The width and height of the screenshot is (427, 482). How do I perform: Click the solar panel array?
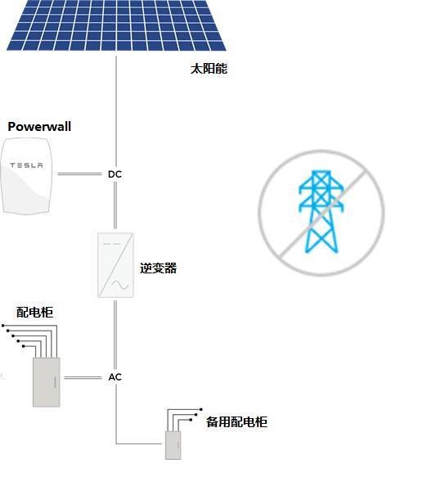pos(116,25)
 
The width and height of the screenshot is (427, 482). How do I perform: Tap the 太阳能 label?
pos(209,69)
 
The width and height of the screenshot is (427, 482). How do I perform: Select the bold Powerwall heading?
pos(39,127)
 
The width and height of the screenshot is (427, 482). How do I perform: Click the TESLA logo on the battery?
pos(26,165)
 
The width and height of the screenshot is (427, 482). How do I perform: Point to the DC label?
pos(115,174)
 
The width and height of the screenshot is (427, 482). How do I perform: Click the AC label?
pos(115,377)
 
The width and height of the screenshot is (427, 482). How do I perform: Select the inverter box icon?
pos(115,265)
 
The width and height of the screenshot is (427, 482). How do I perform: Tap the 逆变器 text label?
pos(159,268)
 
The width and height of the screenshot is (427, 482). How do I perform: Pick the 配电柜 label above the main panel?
pos(34,313)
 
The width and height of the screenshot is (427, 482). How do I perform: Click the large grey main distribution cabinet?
pos(47,382)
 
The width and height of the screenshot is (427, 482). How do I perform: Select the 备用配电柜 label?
pos(236,421)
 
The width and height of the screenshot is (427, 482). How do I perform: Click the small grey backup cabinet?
pos(173,445)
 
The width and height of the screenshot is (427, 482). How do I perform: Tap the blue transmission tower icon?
pos(321,211)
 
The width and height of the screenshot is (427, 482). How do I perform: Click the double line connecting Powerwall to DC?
pos(79,174)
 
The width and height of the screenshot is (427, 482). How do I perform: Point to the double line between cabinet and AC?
pos(83,377)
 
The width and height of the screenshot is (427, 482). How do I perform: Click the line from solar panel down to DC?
pos(116,112)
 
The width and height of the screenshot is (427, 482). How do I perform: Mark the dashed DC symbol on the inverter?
pos(112,244)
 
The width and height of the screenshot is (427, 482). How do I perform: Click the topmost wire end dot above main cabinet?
pos(3,325)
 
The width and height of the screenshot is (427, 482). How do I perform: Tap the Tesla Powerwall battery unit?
pos(26,176)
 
